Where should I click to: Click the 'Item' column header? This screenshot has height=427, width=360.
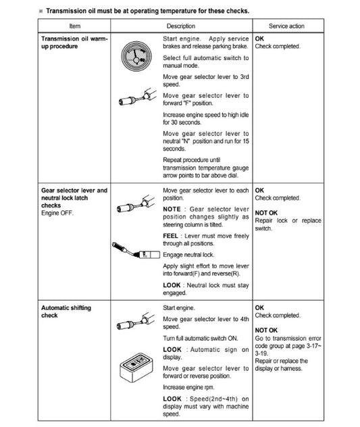click(75, 26)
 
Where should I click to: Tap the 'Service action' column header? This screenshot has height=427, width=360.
click(286, 26)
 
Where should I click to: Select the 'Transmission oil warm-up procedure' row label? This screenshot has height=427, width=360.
click(72, 43)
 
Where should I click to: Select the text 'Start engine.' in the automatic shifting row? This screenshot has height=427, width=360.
click(179, 307)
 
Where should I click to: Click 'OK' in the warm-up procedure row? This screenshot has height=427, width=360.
click(260, 39)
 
